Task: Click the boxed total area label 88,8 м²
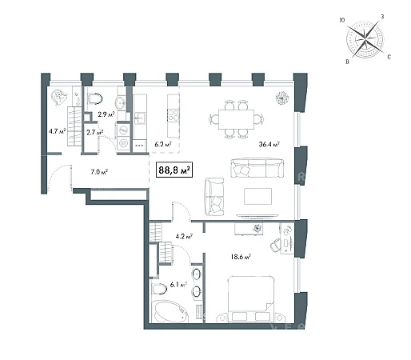pos(174,170)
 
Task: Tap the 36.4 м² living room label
pos(269,144)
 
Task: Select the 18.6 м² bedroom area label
pos(241,257)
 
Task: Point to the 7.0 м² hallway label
pos(99,172)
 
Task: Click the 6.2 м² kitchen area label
pos(163,144)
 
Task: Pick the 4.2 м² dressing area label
pos(184,236)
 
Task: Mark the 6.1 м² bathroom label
pos(178,285)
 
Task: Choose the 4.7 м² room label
pos(57,131)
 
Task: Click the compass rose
pos(365,39)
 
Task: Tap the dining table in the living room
pos(236,119)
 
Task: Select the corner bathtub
pos(170,311)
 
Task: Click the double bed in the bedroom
pos(251,299)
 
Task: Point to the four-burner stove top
pos(174,115)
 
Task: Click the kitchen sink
pos(140,118)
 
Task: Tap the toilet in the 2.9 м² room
pos(95,98)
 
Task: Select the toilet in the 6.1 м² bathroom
pos(159,289)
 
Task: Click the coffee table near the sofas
pos(257,196)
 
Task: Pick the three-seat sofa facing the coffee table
pos(257,167)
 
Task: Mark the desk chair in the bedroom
pos(276,245)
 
